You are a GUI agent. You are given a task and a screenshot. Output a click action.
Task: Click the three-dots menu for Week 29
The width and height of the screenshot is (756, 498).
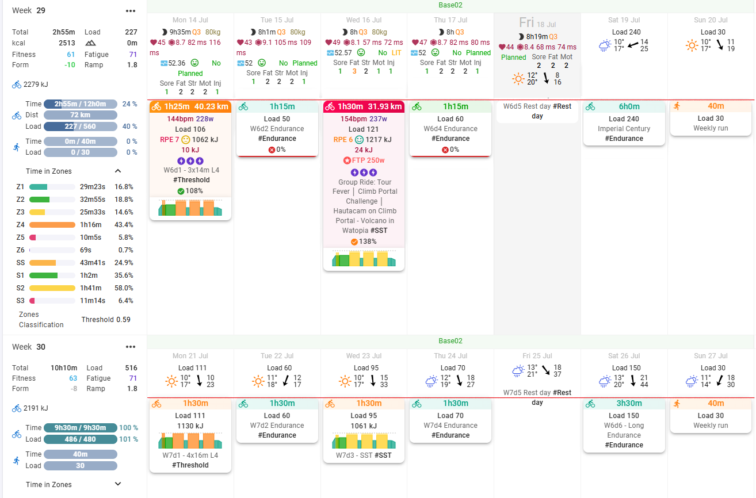click(x=131, y=11)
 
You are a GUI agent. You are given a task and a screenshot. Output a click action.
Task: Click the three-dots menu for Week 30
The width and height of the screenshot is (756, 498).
click(x=131, y=347)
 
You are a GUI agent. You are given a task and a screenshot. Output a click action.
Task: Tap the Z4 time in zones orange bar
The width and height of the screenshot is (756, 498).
click(x=52, y=225)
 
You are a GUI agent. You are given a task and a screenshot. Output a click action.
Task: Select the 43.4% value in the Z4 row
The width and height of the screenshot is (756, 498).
click(x=124, y=225)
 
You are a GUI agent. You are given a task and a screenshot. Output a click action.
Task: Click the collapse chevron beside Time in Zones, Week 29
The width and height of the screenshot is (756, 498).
click(x=118, y=171)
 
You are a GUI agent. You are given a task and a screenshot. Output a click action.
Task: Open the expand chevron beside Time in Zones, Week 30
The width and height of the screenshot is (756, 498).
click(x=118, y=484)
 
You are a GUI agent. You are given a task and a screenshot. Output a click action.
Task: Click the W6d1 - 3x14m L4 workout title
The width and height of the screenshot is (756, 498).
click(x=191, y=170)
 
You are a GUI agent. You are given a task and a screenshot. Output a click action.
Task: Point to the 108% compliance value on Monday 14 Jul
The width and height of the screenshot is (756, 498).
click(x=194, y=191)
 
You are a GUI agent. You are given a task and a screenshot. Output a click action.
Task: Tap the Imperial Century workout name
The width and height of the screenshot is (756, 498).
click(x=624, y=129)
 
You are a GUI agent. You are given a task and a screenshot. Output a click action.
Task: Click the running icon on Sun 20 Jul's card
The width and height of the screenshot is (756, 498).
click(x=676, y=106)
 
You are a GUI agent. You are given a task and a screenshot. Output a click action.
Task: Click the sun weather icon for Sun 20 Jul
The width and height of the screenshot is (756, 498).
click(x=692, y=45)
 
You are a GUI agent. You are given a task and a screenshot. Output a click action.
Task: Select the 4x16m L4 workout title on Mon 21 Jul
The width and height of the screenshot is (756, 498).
click(x=191, y=455)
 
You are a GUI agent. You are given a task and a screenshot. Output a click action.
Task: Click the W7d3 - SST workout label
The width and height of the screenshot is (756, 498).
click(x=364, y=455)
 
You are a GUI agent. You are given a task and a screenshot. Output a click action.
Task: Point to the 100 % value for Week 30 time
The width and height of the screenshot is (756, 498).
click(x=128, y=428)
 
